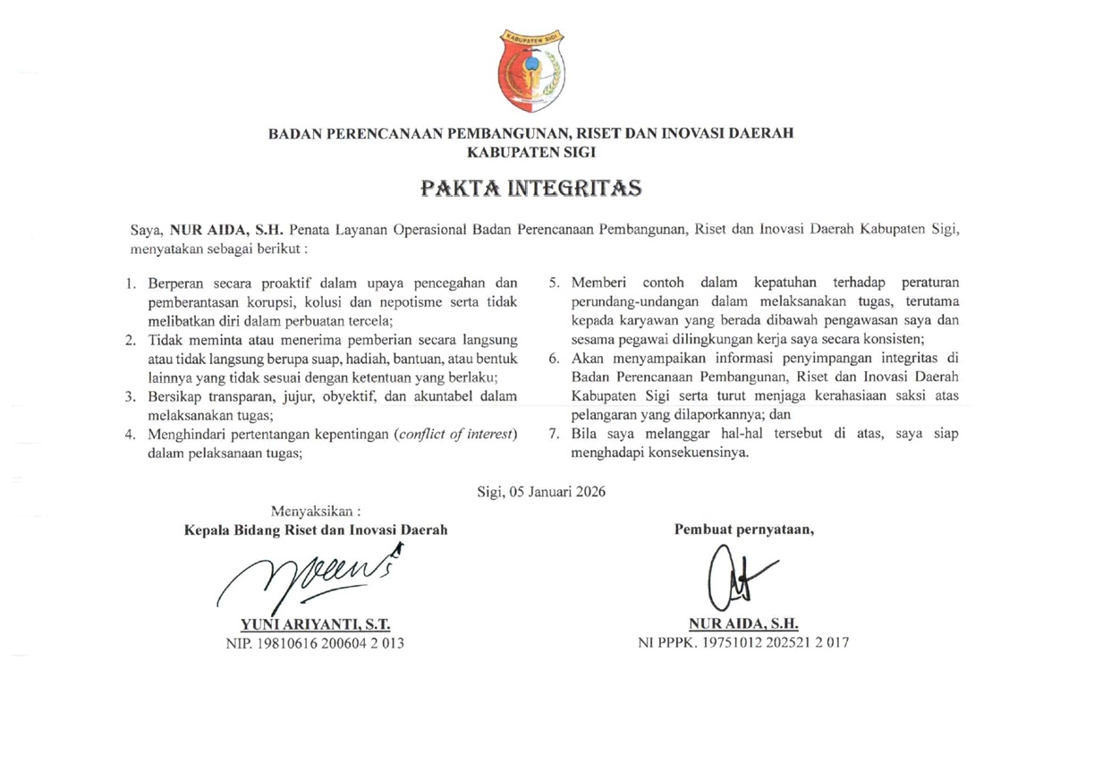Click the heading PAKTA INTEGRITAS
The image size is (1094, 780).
coord(531,190)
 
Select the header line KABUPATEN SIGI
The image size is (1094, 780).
coord(531,152)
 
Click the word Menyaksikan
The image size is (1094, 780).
coord(322,513)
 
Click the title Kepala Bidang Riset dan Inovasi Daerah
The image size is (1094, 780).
coord(316,529)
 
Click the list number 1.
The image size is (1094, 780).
coord(130,284)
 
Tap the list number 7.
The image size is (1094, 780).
coord(554,435)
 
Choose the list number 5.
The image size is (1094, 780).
coord(554,284)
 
